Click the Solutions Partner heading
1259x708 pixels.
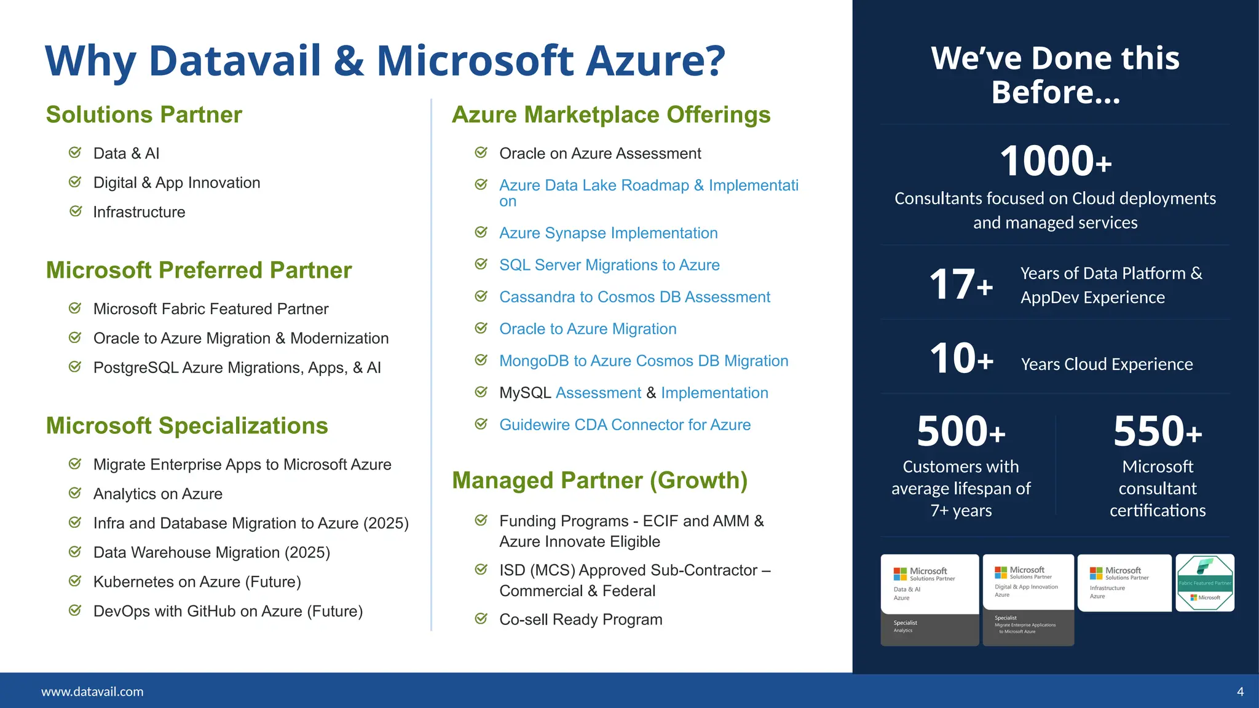[144, 115]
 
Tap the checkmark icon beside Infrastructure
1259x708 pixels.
[76, 211]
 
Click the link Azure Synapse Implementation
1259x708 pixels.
[608, 233]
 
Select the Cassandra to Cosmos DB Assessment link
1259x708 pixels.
[634, 297]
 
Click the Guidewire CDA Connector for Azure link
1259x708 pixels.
[625, 425]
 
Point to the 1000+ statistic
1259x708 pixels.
[1055, 161]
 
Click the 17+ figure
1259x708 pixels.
[960, 285]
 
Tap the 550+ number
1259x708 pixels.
[1157, 431]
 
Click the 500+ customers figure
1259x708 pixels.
[960, 431]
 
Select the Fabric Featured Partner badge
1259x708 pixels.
[1204, 583]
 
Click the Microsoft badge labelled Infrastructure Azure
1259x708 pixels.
[1124, 583]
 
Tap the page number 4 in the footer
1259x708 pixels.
[1240, 691]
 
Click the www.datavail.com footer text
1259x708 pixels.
[92, 691]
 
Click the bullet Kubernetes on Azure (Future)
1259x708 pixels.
[197, 582]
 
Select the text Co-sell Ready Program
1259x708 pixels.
[580, 619]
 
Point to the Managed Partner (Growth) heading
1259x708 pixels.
[599, 481]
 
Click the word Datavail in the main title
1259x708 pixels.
[235, 61]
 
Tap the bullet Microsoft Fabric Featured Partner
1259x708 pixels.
[210, 309]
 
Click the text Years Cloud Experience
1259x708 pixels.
[1106, 364]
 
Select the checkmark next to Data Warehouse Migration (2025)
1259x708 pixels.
[75, 552]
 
